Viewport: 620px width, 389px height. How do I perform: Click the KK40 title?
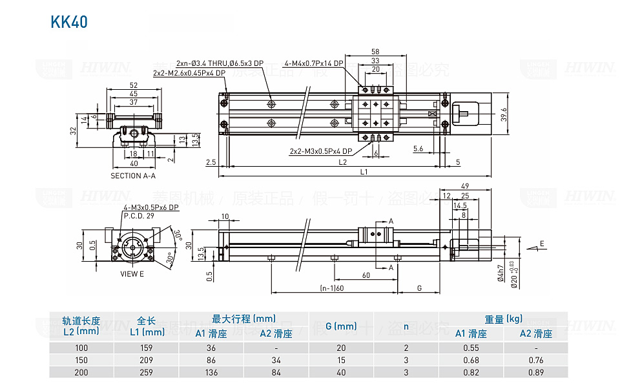coord(68,23)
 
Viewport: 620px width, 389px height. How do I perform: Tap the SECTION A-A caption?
coord(134,176)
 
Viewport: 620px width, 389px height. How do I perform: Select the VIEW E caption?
coord(132,273)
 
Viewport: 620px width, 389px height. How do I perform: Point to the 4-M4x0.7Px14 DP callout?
coord(313,64)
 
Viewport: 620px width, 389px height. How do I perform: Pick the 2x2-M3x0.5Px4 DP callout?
coord(321,151)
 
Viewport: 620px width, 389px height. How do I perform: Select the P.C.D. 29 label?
coord(139,215)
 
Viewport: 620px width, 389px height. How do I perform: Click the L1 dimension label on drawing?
coord(364,172)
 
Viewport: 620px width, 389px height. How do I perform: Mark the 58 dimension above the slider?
coord(375,51)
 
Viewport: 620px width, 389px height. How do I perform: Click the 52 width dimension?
coord(134,85)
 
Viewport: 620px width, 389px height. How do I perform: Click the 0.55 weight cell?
coord(470,348)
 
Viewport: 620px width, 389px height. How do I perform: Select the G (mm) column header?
coord(341,326)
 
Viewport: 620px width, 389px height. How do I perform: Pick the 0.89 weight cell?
coord(535,372)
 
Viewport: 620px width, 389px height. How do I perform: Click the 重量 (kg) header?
coord(503,319)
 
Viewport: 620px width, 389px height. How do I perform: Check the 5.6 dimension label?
coord(418,149)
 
